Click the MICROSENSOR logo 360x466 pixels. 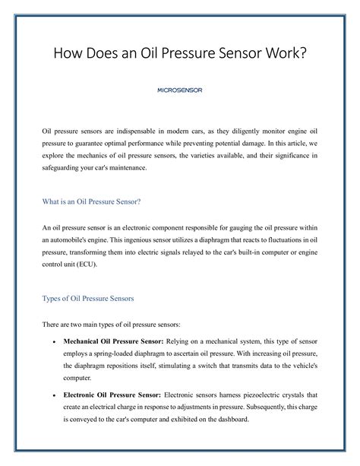pos(179,90)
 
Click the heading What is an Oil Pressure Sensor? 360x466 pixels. pos(91,201)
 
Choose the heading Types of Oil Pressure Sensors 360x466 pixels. pos(93,299)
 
